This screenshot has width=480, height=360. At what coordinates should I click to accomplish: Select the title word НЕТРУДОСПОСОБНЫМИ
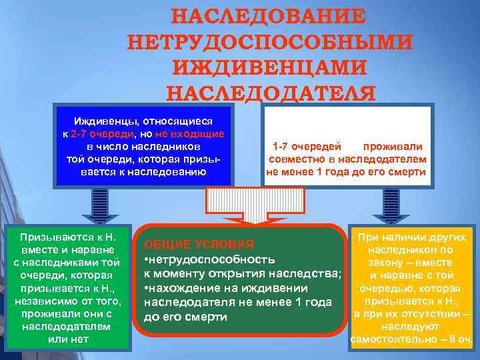click(x=269, y=41)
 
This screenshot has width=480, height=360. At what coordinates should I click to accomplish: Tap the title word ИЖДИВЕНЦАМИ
click(x=269, y=67)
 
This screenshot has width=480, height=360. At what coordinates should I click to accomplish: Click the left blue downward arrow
click(x=100, y=204)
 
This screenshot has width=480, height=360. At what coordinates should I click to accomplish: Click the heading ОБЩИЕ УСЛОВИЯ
click(x=199, y=244)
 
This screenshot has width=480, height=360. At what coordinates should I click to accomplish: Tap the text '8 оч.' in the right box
click(x=459, y=340)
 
